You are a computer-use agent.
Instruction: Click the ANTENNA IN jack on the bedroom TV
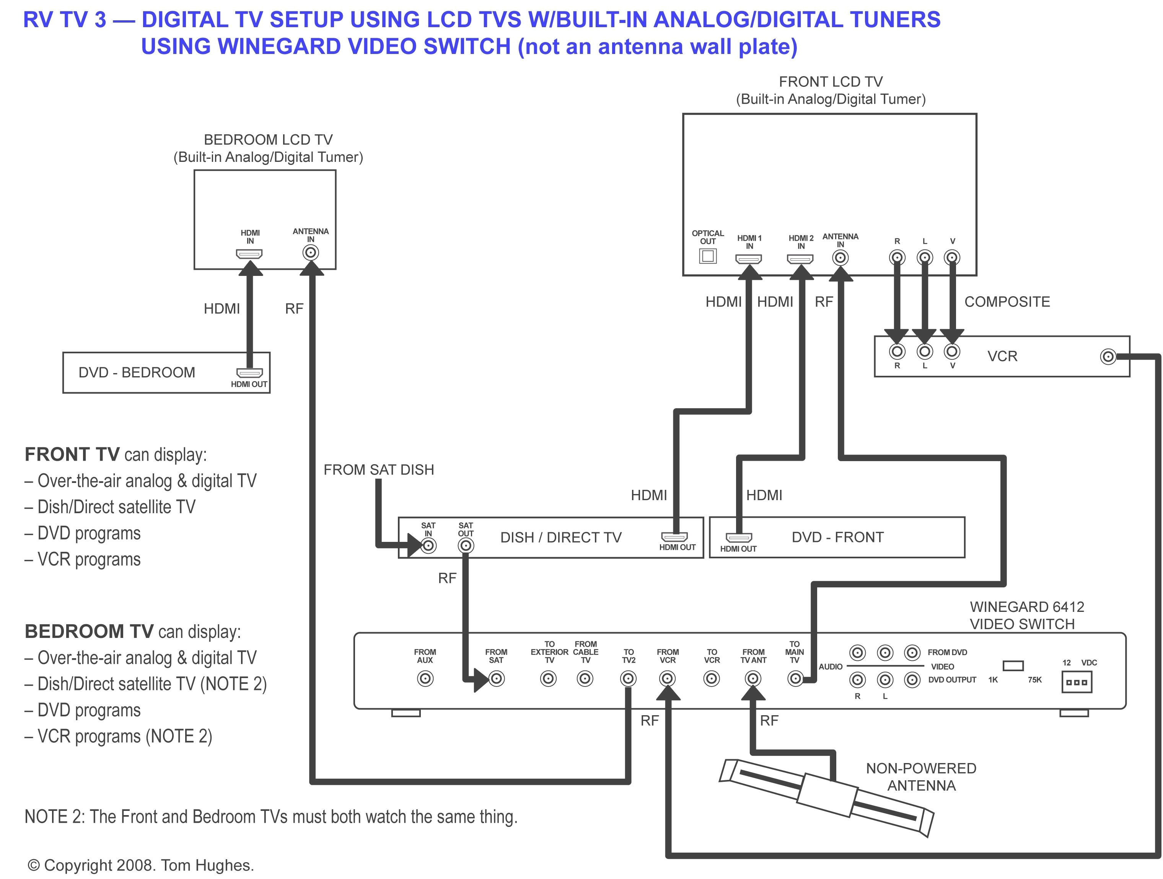point(311,253)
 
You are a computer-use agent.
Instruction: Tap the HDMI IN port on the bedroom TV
point(249,254)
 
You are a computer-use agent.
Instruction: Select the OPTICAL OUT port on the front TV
point(708,256)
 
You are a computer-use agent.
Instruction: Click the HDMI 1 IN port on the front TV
point(749,259)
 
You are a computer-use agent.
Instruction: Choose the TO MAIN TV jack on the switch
point(795,678)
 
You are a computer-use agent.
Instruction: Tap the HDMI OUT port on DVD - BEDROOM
point(249,373)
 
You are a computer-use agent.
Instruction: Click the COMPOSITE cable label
point(1007,302)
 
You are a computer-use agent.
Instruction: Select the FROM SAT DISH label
point(379,470)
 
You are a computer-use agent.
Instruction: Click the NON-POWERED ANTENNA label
point(921,777)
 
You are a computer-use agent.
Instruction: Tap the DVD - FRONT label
point(837,537)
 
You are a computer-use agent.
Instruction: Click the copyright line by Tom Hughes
point(141,865)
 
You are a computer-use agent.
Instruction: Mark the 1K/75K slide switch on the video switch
point(1013,666)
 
